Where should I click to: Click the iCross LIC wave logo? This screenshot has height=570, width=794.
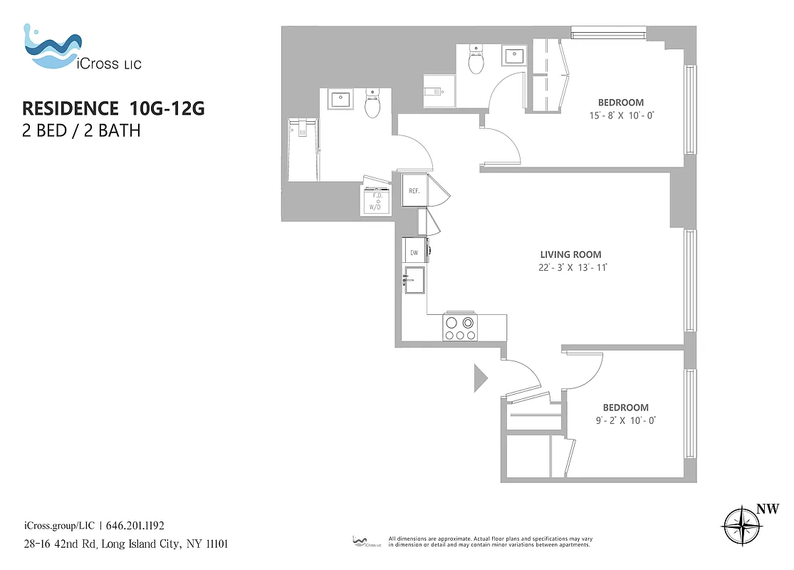click(52, 48)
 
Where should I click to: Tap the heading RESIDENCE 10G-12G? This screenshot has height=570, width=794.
click(113, 108)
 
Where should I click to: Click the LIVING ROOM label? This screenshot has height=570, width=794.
click(570, 254)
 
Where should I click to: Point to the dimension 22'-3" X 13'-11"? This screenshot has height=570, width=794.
click(575, 268)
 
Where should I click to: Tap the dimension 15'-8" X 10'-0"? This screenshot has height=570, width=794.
click(620, 115)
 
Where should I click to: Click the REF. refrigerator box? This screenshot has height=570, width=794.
click(414, 191)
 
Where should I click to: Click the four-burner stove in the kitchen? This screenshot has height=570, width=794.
click(460, 328)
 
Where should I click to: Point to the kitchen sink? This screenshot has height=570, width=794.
click(414, 281)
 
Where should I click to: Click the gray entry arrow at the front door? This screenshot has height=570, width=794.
click(480, 378)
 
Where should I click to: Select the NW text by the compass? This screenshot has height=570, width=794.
click(767, 509)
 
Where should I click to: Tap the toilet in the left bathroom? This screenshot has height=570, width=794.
click(372, 105)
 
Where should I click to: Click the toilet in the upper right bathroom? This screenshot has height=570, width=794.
click(476, 61)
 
